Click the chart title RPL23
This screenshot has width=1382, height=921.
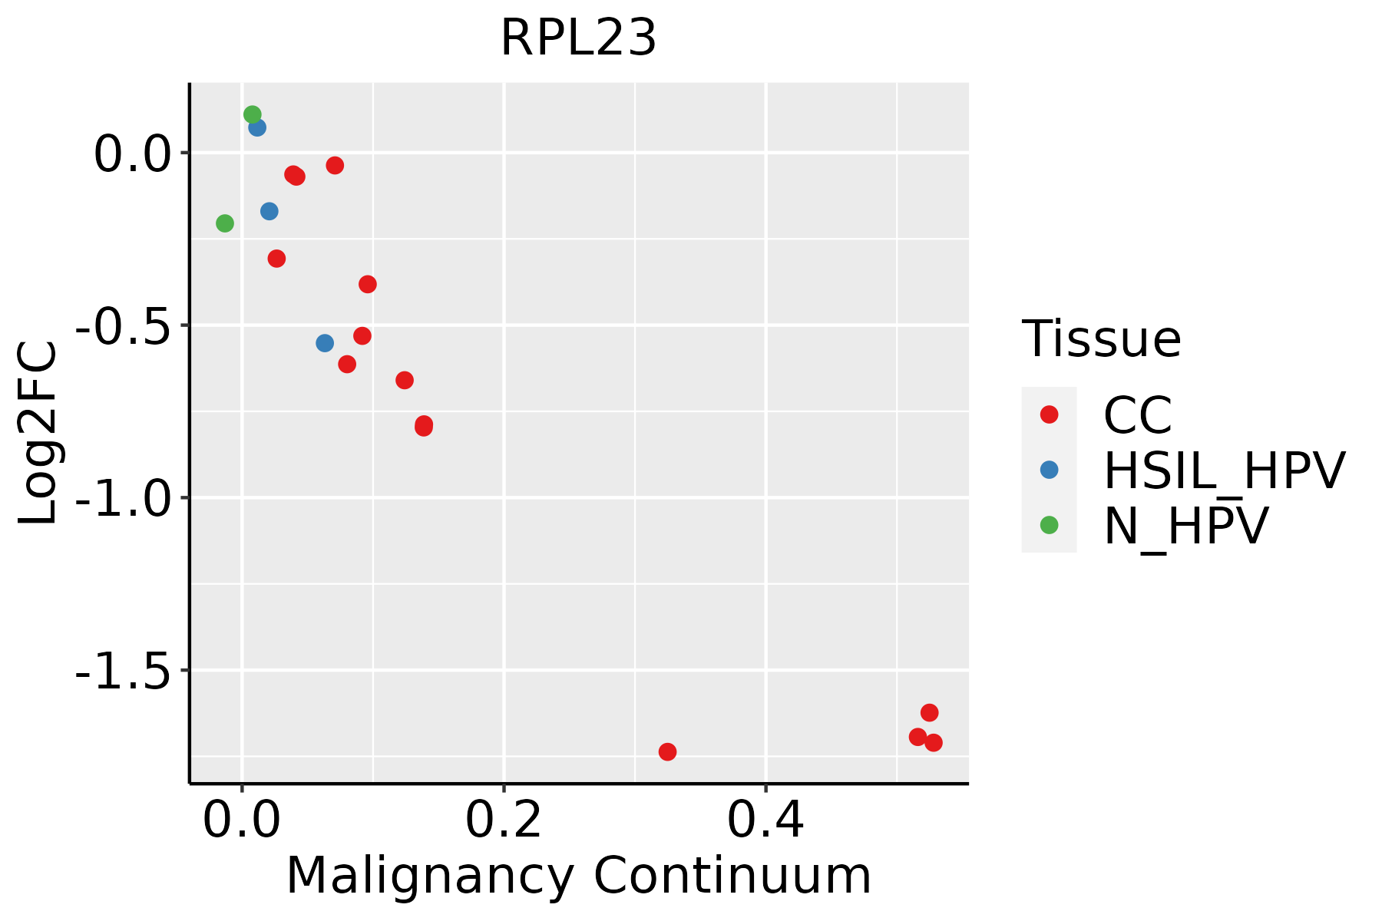click(578, 38)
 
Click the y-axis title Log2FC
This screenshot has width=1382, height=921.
click(38, 433)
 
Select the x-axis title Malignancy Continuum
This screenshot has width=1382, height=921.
click(578, 876)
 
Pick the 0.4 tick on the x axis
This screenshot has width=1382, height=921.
click(765, 820)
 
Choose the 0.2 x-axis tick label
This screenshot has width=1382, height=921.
click(504, 820)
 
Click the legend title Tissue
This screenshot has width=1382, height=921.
click(1101, 338)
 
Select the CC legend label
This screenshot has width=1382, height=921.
click(1138, 415)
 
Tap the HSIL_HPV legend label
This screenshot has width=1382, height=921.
click(1224, 470)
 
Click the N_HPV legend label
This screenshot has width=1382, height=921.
click(1185, 526)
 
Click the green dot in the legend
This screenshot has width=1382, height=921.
click(1049, 525)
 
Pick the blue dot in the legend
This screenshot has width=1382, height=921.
click(1049, 470)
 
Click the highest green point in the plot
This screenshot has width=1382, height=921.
click(253, 114)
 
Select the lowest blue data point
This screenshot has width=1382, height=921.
click(325, 343)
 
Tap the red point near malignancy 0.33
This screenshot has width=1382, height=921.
click(667, 751)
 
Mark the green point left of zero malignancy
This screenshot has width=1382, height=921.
click(225, 223)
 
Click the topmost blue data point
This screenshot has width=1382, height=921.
click(257, 127)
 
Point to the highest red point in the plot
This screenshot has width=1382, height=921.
click(335, 165)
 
